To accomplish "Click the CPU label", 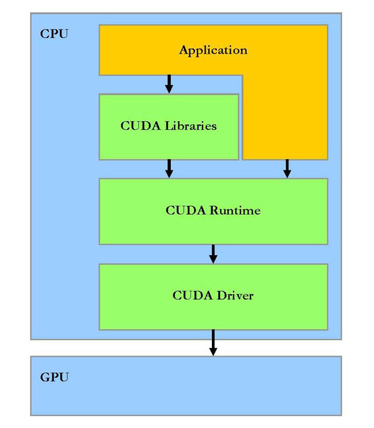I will [x=54, y=34].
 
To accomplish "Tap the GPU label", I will [x=54, y=377].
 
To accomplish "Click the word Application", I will [x=213, y=50].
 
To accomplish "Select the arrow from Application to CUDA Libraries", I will [x=169, y=84].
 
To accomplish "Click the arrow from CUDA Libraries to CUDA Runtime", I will [x=169, y=168].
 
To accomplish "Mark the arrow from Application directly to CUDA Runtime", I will [x=287, y=168].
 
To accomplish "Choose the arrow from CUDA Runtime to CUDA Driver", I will [x=213, y=253].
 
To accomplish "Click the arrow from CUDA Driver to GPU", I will [x=213, y=343].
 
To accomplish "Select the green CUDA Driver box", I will [x=213, y=315].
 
